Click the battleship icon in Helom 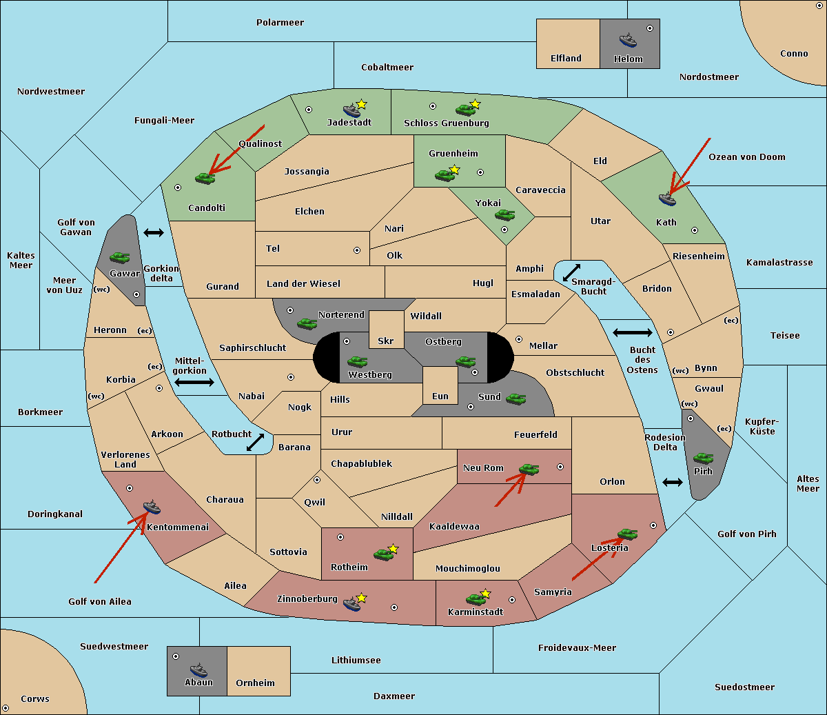[628, 39]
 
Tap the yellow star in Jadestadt [362, 104]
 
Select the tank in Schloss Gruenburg [465, 110]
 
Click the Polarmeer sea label [280, 23]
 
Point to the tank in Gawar [119, 257]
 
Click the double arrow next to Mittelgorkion [194, 382]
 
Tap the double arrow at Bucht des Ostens [632, 333]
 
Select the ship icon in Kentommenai [152, 507]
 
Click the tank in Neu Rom [529, 470]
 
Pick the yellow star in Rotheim [394, 549]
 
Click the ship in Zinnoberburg [352, 604]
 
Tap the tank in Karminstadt [476, 598]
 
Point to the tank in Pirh [703, 458]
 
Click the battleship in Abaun [198, 669]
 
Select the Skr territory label [386, 341]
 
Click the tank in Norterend [307, 323]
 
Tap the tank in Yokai [504, 215]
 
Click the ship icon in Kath [667, 199]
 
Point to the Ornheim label [255, 683]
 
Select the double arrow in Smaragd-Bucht [571, 272]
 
